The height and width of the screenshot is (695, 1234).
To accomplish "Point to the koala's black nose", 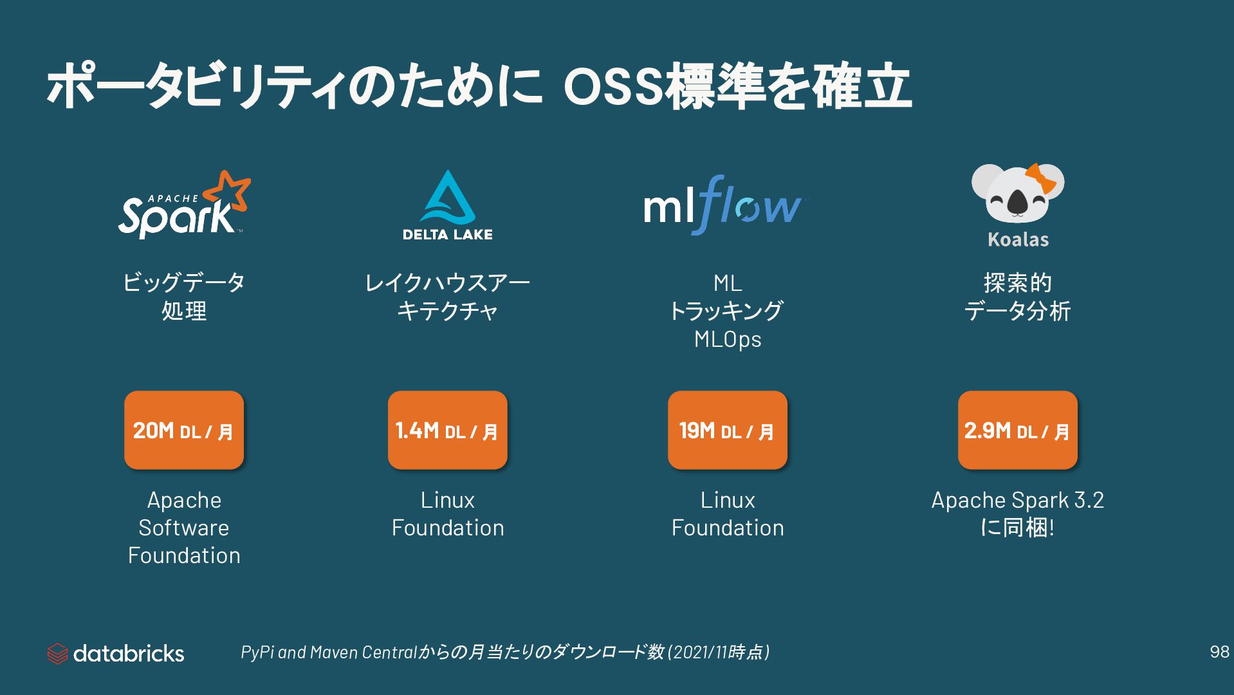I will point(1017,202).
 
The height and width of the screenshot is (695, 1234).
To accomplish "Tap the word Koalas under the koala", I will point(1018,240).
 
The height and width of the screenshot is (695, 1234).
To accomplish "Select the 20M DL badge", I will point(184,430).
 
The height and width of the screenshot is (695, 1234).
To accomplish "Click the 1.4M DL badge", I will point(447,430).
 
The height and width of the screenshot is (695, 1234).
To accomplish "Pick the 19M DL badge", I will point(727,430).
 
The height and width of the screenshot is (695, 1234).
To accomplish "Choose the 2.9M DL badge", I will point(1017,430).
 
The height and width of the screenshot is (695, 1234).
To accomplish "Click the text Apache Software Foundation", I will point(184,528).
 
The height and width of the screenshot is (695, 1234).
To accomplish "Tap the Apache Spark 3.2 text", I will point(1017,500).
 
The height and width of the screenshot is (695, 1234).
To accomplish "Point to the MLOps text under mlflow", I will point(728,339).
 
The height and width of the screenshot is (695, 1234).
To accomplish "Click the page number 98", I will point(1219,652).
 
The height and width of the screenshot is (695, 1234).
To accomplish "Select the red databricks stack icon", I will point(57,654).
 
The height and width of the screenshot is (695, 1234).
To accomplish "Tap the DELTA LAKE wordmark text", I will point(448,235).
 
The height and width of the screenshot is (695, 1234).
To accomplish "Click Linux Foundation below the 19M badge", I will point(728,514).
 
